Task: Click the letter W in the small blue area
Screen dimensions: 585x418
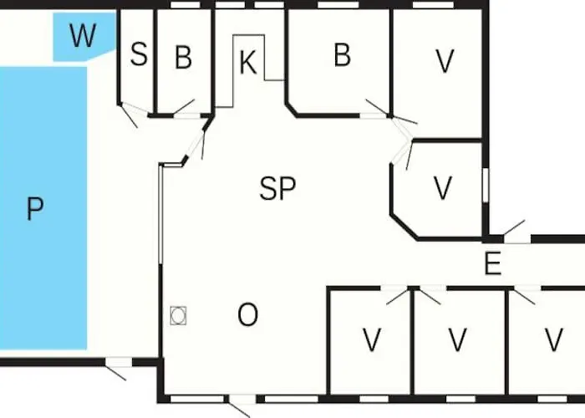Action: (83, 35)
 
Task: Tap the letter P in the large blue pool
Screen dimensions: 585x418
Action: (35, 209)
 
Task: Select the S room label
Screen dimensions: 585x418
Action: (139, 54)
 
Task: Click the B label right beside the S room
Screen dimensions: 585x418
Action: (183, 57)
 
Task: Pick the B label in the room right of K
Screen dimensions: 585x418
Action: (342, 55)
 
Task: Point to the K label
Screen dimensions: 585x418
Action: (248, 63)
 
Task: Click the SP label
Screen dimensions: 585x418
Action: (277, 188)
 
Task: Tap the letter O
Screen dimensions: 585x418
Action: (247, 314)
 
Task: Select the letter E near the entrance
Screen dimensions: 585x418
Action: (492, 263)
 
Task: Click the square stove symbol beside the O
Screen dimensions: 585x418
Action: (178, 316)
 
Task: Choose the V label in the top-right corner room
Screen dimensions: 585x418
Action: (445, 61)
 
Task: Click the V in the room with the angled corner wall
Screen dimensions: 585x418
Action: (443, 188)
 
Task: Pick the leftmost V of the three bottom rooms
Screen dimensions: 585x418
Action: (372, 339)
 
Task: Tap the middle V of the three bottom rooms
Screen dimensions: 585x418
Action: (457, 339)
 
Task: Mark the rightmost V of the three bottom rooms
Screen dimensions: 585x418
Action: (553, 339)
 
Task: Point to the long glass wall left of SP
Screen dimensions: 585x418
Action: (160, 215)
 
